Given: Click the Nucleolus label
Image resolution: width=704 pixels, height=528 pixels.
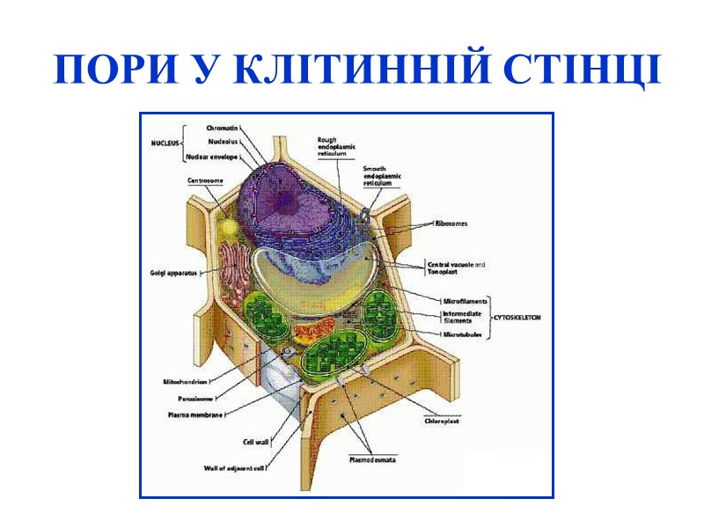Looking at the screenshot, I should pos(222,141).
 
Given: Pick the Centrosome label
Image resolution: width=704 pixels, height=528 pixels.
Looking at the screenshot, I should pos(204,180).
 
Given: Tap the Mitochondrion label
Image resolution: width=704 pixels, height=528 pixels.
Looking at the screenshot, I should pos(185,381).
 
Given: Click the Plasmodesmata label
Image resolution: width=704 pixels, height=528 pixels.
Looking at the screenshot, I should pos(371,458).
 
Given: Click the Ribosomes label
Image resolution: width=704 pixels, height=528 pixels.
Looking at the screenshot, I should pos(451,224).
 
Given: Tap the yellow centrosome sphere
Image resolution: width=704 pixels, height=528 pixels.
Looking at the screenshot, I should pos(229,226).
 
